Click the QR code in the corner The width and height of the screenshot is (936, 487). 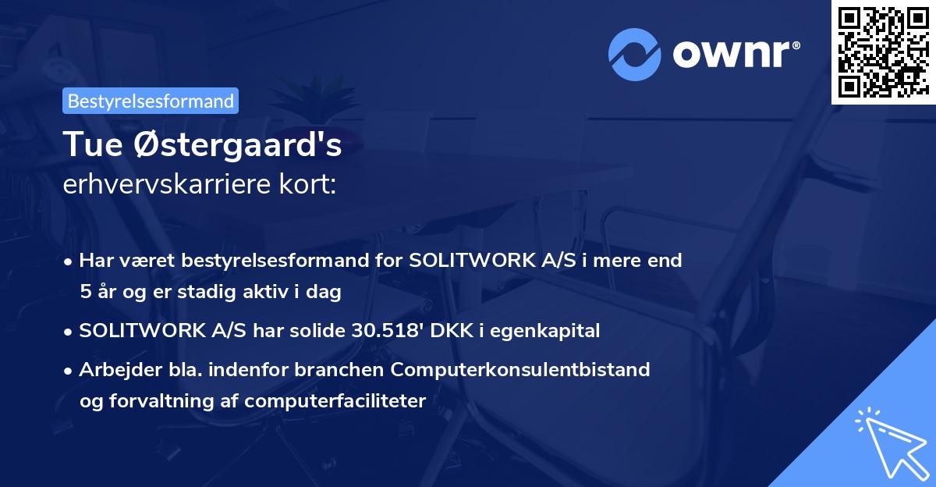pyautogui.click(x=883, y=52)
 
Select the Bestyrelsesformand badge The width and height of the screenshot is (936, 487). pyautogui.click(x=151, y=101)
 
